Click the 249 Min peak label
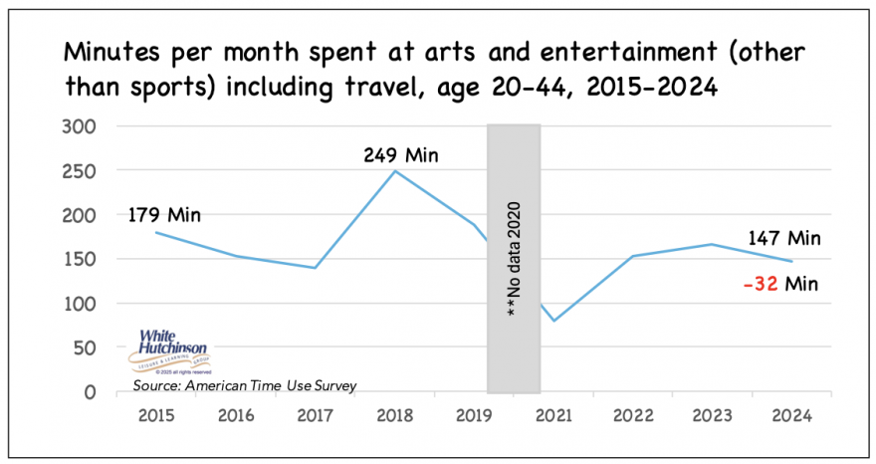point(402,155)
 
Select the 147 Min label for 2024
point(784,238)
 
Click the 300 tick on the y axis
point(82,127)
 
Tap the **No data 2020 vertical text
point(513,261)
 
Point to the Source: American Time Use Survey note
point(244,384)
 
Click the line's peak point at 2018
point(395,171)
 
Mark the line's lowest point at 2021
point(553,321)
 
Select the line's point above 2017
point(316,267)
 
